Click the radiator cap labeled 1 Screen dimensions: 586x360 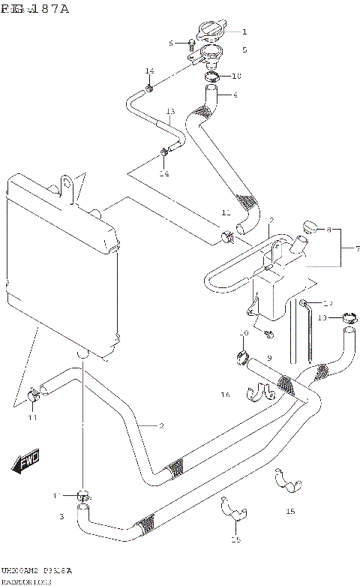pyautogui.click(x=209, y=32)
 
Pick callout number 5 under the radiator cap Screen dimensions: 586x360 pyautogui.click(x=244, y=50)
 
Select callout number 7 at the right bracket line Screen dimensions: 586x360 pyautogui.click(x=357, y=248)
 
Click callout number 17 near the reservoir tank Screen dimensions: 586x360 pyautogui.click(x=327, y=303)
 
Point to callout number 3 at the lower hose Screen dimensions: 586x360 pyautogui.click(x=62, y=516)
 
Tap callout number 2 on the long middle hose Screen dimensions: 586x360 pyautogui.click(x=160, y=426)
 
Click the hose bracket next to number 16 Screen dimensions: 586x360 pyautogui.click(x=259, y=392)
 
